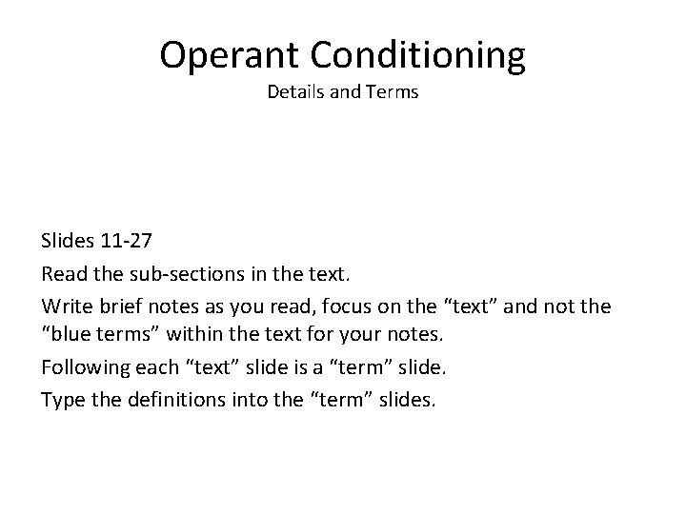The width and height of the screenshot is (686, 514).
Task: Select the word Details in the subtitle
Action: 294,94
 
